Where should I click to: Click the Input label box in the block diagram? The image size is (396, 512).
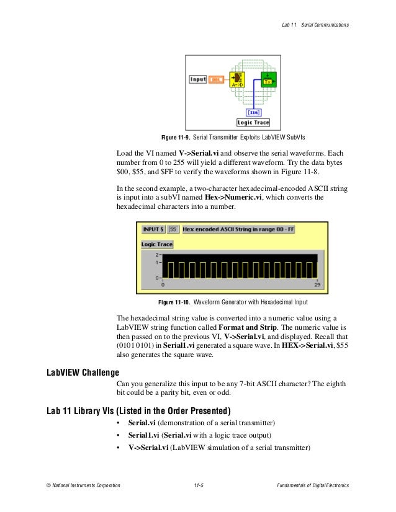(198, 79)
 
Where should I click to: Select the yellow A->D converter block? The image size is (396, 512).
(236, 79)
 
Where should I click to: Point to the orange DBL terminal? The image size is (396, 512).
(216, 79)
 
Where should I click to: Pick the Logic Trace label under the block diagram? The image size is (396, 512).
(253, 123)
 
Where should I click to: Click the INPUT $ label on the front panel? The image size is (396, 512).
(153, 229)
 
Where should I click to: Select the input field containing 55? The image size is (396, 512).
(173, 229)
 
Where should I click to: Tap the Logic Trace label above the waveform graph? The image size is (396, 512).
(156, 244)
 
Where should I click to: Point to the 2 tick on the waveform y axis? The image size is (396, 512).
(158, 254)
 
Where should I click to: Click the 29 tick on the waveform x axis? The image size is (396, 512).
(317, 286)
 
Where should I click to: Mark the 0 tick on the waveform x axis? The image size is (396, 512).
(163, 286)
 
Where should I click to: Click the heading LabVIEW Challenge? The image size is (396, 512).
(83, 373)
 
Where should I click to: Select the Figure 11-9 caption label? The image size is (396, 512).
(176, 137)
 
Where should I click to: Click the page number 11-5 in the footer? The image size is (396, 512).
(199, 485)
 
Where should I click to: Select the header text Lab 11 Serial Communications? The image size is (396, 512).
(316, 24)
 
